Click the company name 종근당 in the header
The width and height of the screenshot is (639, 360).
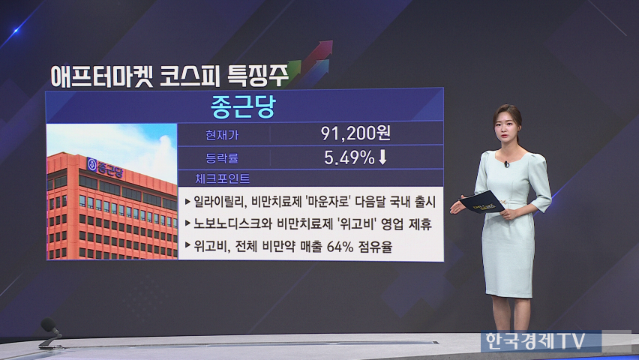[x=243, y=106]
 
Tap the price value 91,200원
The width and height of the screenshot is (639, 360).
[x=355, y=133]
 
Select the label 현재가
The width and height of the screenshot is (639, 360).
[x=222, y=134]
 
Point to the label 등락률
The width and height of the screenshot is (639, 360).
[x=222, y=157]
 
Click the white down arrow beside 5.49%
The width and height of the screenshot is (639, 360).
[x=382, y=157]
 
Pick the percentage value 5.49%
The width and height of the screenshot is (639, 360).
[x=349, y=157]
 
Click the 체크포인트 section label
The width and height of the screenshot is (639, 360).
[x=222, y=178]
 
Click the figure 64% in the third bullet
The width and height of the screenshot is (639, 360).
[x=340, y=246]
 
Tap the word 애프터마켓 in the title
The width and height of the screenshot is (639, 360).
[x=102, y=76]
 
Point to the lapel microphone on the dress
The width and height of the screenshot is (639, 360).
[x=506, y=164]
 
